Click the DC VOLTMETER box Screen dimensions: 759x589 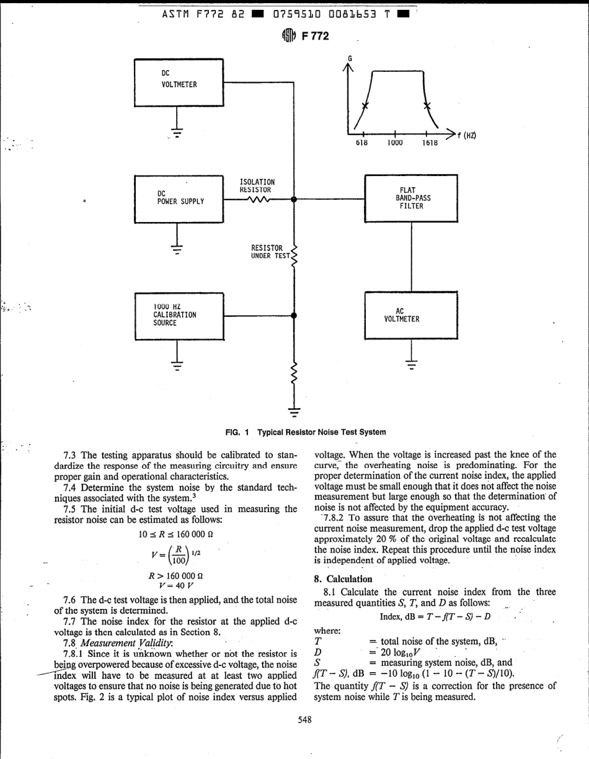[179, 82]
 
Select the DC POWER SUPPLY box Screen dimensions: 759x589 [179, 199]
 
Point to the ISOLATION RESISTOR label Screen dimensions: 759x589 [257, 185]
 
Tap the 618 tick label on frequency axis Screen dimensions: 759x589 [362, 143]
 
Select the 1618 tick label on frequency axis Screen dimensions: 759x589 [429, 143]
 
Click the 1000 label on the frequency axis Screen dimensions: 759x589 [394, 143]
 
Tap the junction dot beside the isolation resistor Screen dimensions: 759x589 [294, 200]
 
